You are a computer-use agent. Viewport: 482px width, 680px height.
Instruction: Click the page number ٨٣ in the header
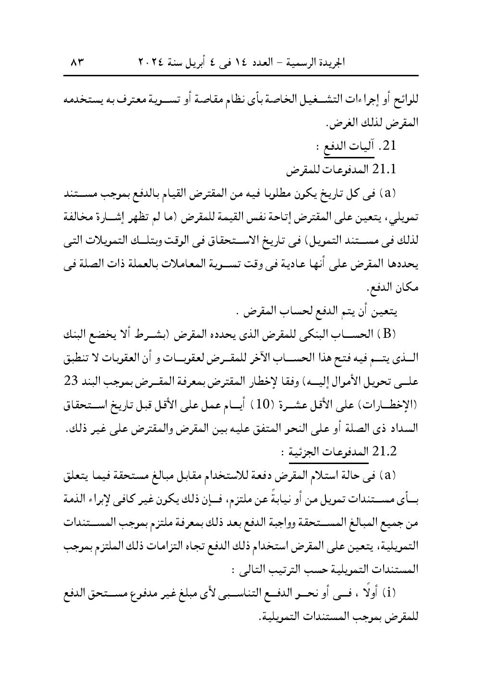(x=77, y=62)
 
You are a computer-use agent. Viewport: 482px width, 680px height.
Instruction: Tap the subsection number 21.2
(x=383, y=451)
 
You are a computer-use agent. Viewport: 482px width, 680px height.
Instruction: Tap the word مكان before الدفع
(x=407, y=287)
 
